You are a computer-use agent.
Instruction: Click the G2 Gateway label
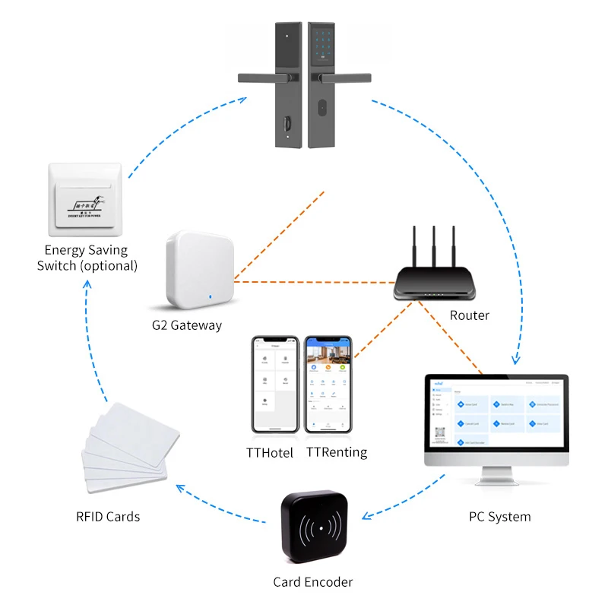click(x=186, y=325)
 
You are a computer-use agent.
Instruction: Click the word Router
click(x=470, y=315)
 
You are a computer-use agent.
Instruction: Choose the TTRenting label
click(x=337, y=452)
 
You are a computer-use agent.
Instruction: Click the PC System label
click(x=499, y=517)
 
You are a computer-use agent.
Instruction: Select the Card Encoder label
click(x=313, y=582)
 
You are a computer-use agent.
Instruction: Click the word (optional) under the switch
click(x=109, y=266)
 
